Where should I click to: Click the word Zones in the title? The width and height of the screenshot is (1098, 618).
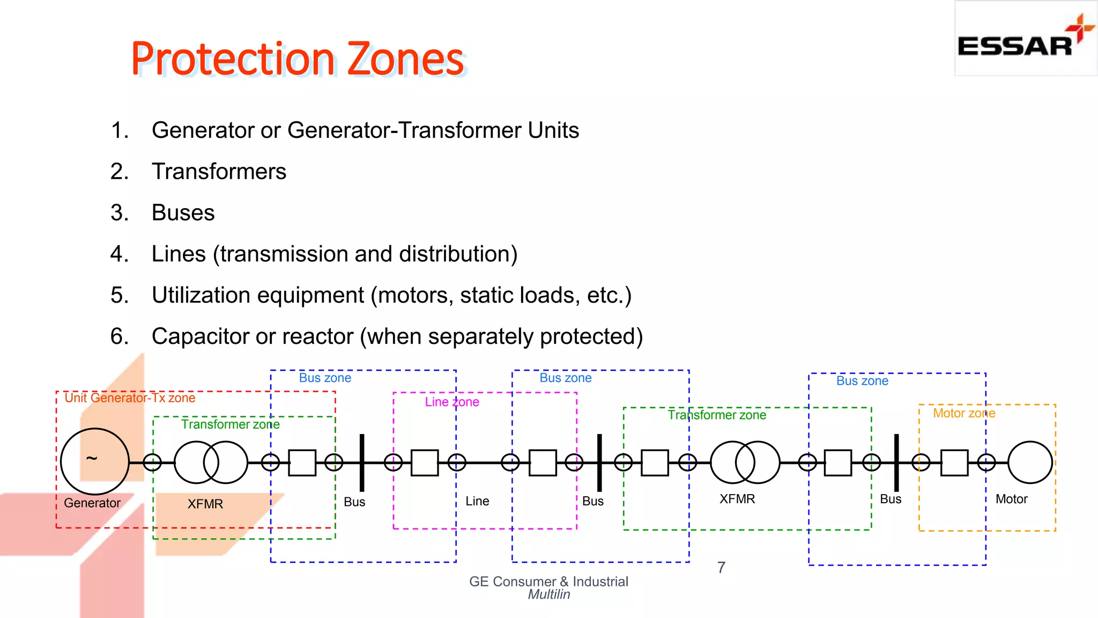pos(406,58)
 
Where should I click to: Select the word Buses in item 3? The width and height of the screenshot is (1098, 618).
pos(183,213)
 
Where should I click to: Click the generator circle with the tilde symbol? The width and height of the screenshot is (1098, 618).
pos(95,461)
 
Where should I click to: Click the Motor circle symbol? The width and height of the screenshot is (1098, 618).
pos(1030,462)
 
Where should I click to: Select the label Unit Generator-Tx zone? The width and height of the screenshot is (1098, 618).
pos(130,398)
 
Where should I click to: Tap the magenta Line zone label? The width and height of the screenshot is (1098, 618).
pos(452,402)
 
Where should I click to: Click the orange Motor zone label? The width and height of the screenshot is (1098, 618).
pos(963,414)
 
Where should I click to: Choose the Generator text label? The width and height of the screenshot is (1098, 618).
pos(92,503)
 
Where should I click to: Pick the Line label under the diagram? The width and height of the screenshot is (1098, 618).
pos(477,501)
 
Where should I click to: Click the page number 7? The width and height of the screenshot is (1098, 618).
pos(722,568)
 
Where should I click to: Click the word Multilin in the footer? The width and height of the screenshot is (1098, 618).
pos(548,594)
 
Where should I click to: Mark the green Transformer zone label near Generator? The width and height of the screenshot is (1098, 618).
pos(230,424)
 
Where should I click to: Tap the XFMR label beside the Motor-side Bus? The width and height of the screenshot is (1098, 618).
pos(737,499)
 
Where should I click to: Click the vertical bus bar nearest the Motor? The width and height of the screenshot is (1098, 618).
pos(896,462)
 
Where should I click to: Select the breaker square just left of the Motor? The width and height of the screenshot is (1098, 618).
pos(954,462)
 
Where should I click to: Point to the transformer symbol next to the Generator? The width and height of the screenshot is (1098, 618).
pos(211,462)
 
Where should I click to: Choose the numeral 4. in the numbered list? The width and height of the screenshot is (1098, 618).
pos(120,254)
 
